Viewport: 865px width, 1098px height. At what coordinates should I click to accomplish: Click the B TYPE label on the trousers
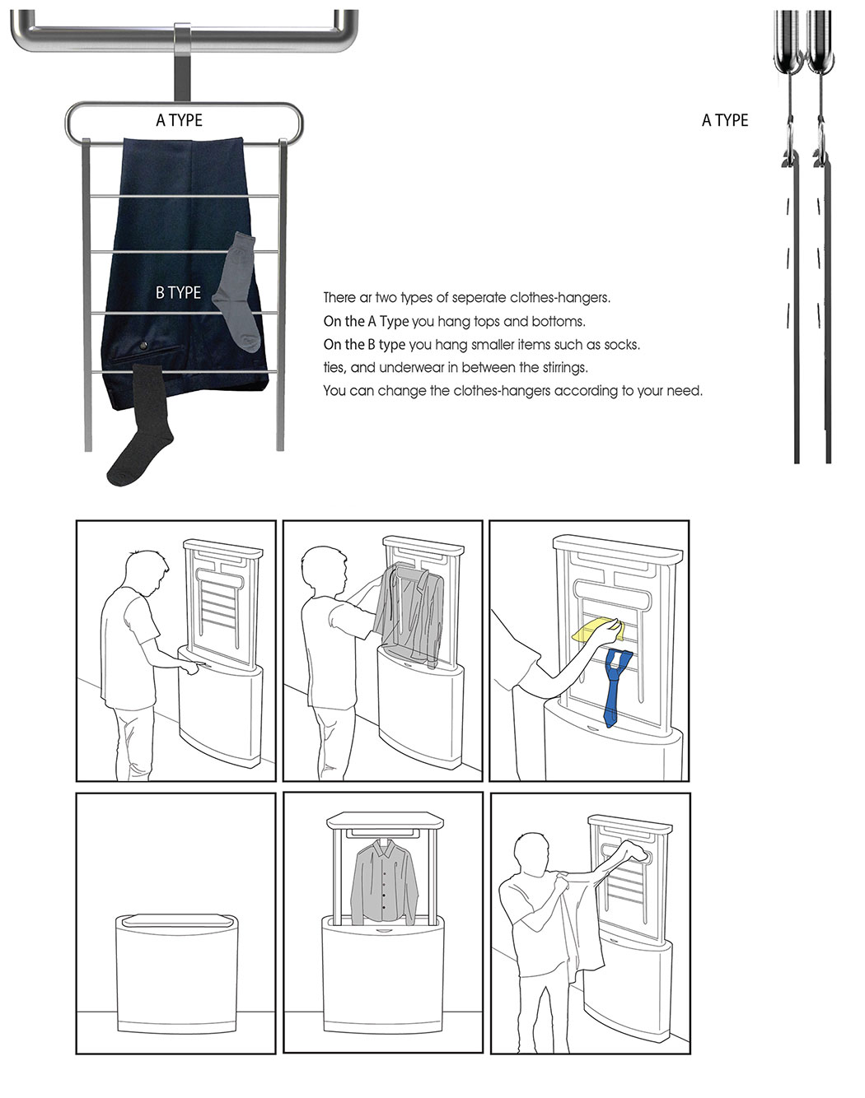(x=178, y=292)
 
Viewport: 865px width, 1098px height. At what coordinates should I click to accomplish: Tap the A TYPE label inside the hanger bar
(x=180, y=120)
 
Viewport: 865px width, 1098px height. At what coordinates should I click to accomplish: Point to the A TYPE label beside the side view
(x=725, y=120)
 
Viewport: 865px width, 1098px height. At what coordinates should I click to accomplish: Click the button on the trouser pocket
(x=143, y=346)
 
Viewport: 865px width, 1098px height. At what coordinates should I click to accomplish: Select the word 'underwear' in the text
(x=418, y=368)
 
